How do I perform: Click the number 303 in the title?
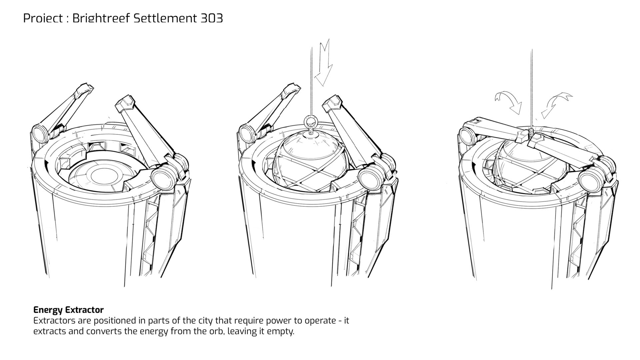point(211,18)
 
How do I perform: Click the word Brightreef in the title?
point(101,18)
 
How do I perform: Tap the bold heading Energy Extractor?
point(68,310)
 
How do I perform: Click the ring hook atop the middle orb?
point(311,121)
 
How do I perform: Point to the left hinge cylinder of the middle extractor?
point(247,133)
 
